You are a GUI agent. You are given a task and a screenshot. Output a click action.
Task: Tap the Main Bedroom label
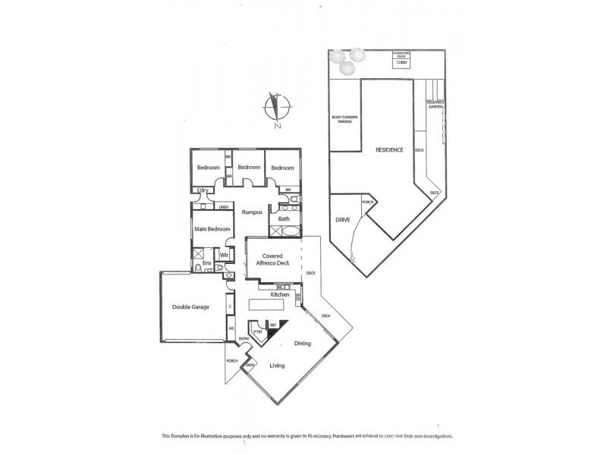[x=211, y=228]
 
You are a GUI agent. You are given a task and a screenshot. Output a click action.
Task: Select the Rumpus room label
[x=252, y=212]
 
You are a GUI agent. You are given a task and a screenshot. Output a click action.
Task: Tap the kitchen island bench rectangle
[x=267, y=304]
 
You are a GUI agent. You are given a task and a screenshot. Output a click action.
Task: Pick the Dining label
[x=303, y=344]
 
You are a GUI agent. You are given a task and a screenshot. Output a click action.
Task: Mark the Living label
[x=277, y=366]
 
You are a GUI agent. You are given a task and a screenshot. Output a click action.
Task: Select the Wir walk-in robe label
[x=224, y=256]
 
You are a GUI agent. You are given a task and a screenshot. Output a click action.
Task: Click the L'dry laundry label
[x=202, y=190]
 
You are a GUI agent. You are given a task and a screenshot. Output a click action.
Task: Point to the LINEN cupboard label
[x=224, y=206]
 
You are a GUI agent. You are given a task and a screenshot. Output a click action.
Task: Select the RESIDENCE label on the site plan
[x=389, y=150]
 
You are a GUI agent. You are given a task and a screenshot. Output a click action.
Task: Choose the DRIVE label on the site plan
[x=341, y=220]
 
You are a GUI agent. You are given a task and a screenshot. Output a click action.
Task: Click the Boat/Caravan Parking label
[x=344, y=119]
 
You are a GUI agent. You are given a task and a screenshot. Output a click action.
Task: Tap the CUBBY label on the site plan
[x=400, y=64]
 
